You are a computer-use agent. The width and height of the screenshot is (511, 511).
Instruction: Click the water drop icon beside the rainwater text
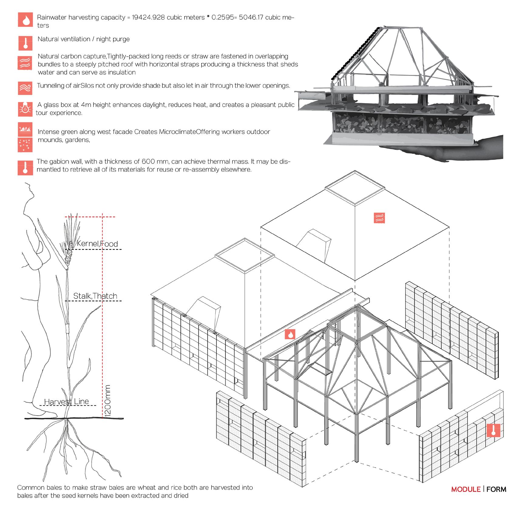point(25,19)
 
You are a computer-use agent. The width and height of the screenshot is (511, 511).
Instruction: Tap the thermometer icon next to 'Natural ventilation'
point(25,43)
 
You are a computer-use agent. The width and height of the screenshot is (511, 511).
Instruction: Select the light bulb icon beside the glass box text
point(25,109)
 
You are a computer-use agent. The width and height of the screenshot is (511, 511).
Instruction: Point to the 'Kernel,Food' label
point(97,244)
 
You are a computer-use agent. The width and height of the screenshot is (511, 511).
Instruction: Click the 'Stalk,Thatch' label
point(95,296)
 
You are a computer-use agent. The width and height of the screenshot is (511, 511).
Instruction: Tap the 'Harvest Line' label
point(66,401)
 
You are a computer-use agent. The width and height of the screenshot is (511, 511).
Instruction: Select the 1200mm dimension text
point(108,400)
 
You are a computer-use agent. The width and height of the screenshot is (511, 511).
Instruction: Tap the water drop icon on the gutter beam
point(290,334)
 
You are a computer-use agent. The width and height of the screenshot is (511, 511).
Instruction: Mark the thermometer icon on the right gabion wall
point(493,430)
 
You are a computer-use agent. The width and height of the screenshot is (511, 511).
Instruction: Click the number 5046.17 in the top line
point(251,17)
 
